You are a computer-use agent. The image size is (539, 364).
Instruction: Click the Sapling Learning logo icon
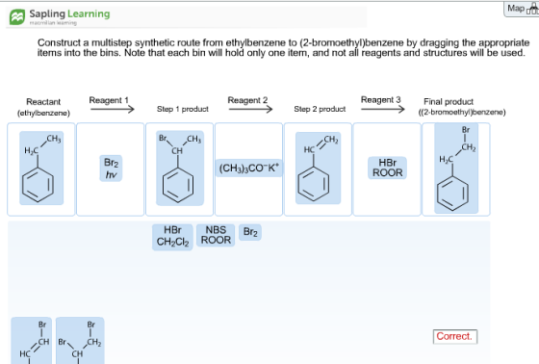click(17, 17)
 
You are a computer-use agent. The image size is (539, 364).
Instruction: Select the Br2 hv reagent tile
click(111, 169)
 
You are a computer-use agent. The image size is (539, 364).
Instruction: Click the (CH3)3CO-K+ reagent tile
click(249, 168)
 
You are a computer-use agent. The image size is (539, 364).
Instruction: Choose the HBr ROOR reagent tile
click(387, 168)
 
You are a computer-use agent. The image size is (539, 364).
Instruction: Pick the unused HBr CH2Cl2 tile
click(172, 236)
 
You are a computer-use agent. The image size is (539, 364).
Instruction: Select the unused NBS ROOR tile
click(216, 235)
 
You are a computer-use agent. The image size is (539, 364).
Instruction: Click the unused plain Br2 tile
click(250, 232)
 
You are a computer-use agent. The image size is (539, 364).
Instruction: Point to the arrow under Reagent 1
click(112, 110)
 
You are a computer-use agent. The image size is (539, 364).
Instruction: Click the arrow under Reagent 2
click(250, 110)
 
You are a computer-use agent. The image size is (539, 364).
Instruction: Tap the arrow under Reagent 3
click(383, 110)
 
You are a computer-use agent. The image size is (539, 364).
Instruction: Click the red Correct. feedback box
click(455, 336)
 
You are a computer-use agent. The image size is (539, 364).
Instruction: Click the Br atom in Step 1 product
click(163, 139)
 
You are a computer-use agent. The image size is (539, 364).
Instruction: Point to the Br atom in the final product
click(466, 130)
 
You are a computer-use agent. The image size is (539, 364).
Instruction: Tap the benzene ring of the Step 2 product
click(314, 184)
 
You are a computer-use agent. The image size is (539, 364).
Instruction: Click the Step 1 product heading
click(183, 109)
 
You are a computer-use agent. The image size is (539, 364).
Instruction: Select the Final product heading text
click(449, 102)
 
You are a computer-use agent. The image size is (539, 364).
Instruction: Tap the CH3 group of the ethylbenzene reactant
click(54, 139)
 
